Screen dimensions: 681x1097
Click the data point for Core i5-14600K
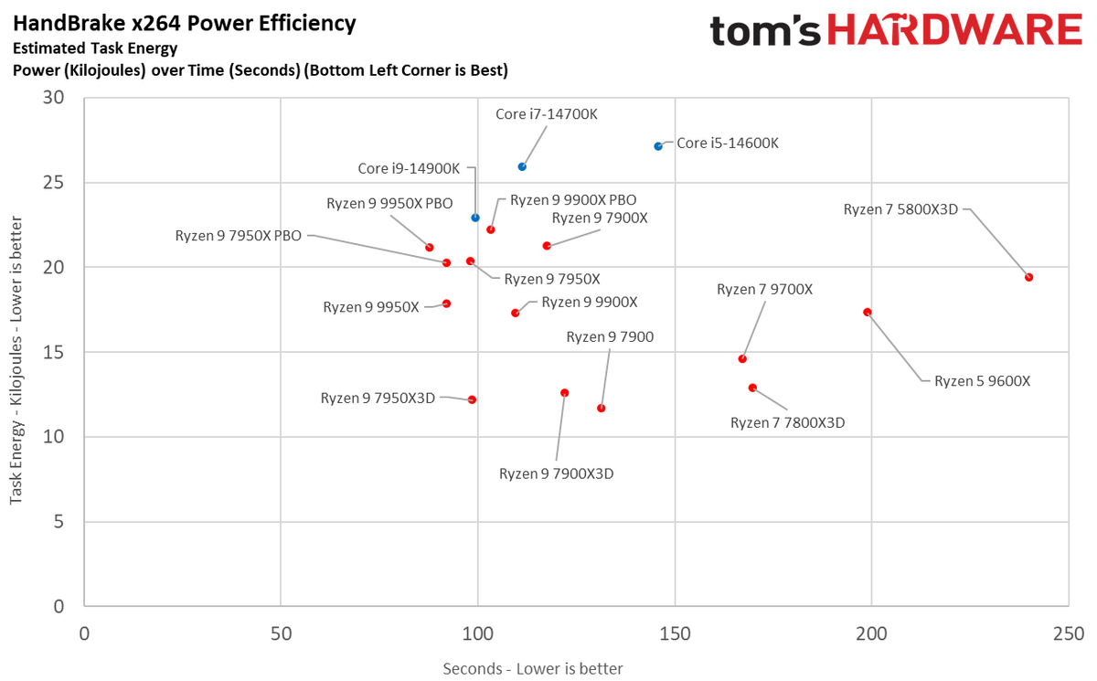pos(658,146)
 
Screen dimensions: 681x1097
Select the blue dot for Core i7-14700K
pos(522,166)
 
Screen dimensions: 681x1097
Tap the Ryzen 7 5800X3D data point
pos(1028,277)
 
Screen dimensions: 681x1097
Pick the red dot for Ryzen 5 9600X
pos(868,312)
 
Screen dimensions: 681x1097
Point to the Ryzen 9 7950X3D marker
pos(472,399)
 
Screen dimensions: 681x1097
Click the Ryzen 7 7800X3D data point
pos(752,388)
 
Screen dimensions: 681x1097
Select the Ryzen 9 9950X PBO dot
pos(430,248)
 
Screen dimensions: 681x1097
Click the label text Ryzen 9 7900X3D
pos(556,474)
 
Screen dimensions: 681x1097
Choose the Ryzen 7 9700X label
pos(764,290)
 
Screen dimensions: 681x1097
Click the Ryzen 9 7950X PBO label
pos(239,236)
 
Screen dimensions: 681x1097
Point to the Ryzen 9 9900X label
pos(590,302)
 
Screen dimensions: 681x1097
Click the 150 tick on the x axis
pos(675,633)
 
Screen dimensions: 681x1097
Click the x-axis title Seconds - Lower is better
pos(533,669)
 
